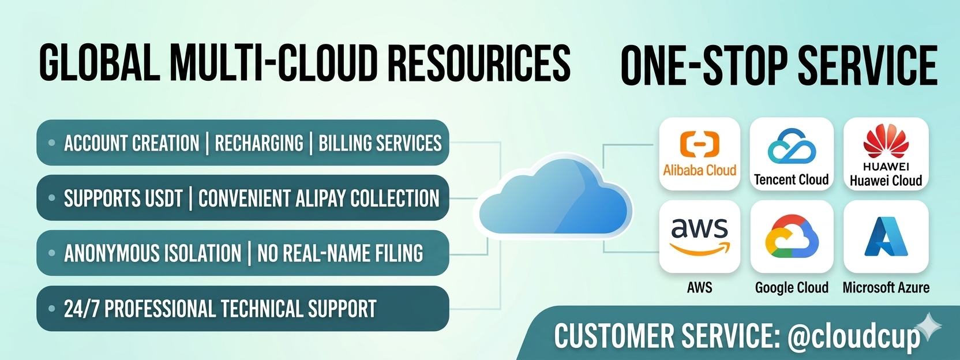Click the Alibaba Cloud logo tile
point(699,153)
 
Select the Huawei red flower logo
point(886,141)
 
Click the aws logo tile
point(699,237)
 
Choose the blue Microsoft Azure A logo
point(886,236)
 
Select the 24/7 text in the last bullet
point(81,309)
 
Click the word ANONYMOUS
point(152,253)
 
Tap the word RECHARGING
point(259,143)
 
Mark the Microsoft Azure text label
point(886,287)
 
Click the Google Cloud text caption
point(792,287)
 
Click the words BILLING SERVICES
point(380,143)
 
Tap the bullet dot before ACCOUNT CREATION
point(52,142)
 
